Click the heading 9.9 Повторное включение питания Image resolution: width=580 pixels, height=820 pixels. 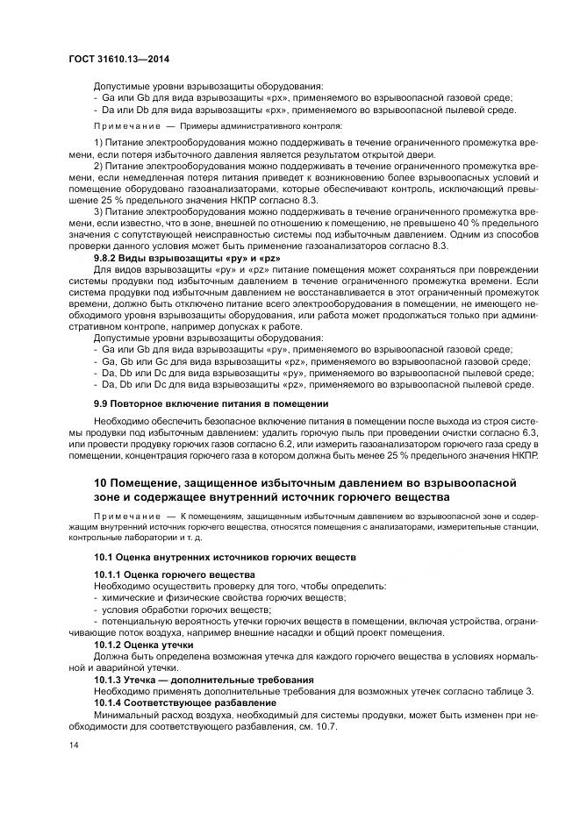211,403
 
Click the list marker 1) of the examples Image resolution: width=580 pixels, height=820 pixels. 98,141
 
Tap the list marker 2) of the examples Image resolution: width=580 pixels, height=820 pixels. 98,165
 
